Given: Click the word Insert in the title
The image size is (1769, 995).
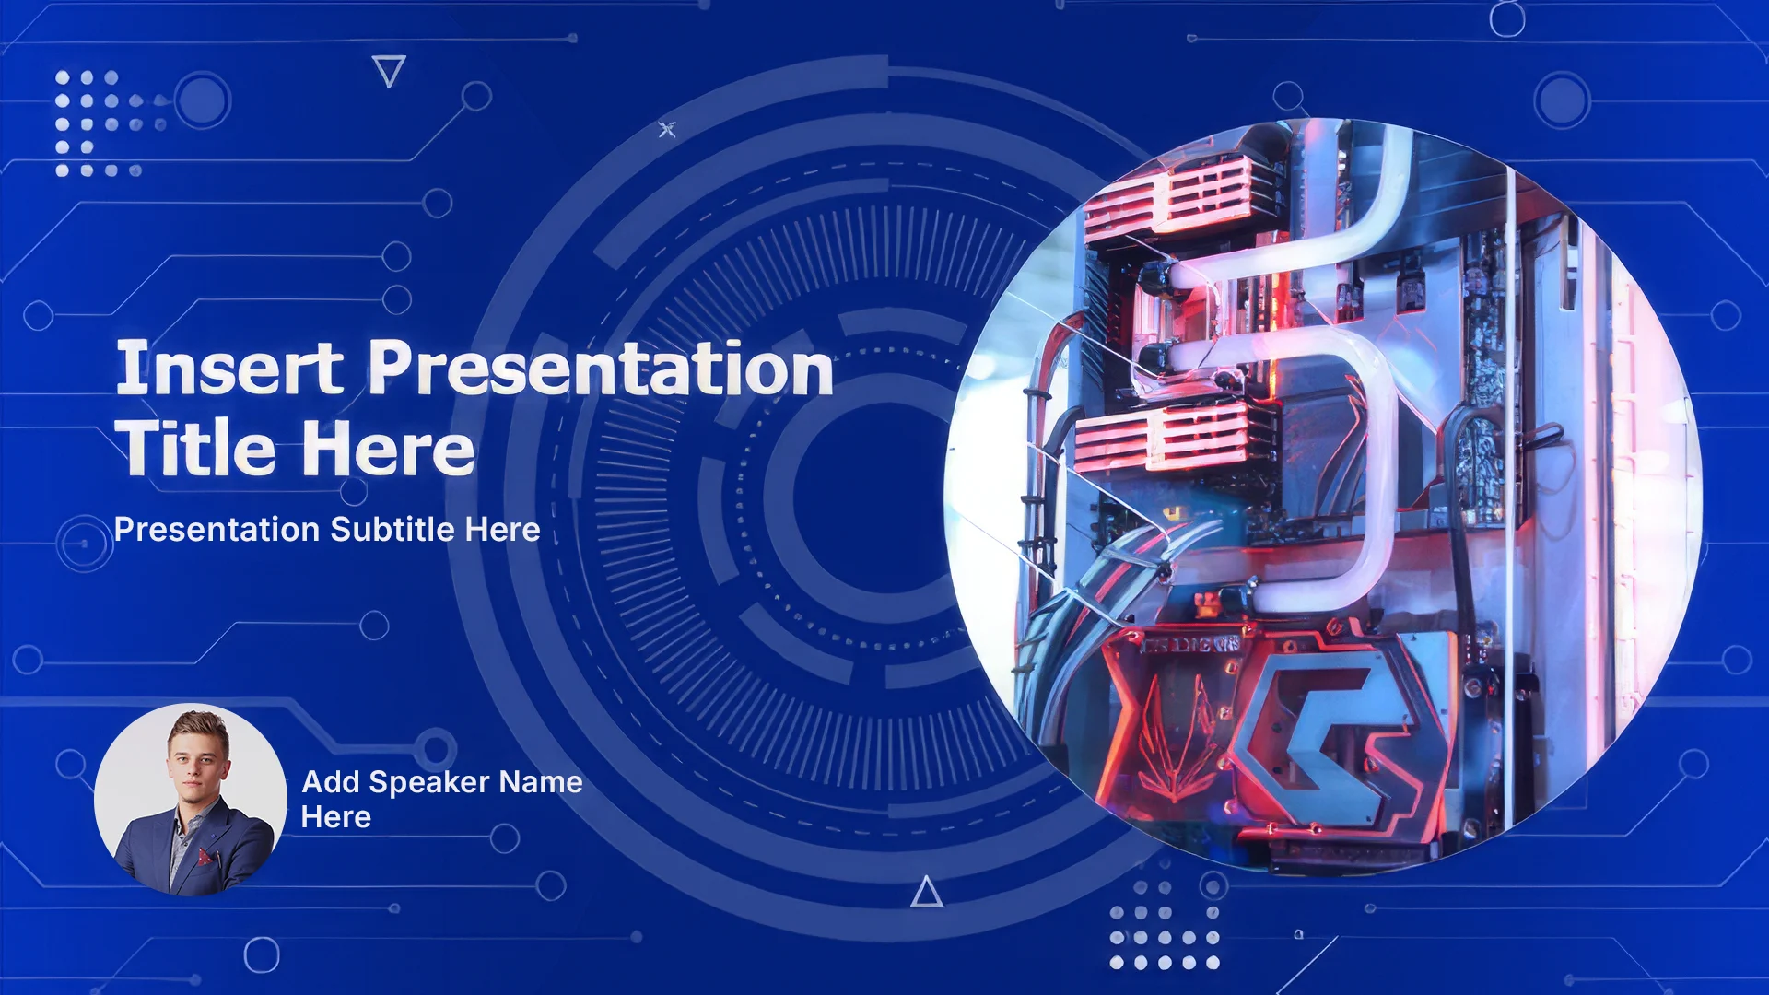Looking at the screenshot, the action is [x=229, y=368].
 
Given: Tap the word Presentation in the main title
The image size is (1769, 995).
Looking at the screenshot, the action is [x=601, y=368].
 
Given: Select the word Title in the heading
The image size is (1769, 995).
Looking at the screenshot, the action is [x=194, y=448].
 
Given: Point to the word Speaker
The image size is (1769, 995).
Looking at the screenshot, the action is [x=428, y=782].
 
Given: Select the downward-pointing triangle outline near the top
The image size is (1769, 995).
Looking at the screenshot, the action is [x=389, y=71].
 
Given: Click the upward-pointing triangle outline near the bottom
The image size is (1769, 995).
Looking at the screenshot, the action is [x=927, y=892].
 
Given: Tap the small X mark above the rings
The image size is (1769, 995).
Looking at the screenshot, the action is [x=667, y=130].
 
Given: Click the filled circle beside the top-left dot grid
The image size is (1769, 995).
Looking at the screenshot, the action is [x=201, y=99].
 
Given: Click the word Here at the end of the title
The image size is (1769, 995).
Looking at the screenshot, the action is [x=388, y=448].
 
